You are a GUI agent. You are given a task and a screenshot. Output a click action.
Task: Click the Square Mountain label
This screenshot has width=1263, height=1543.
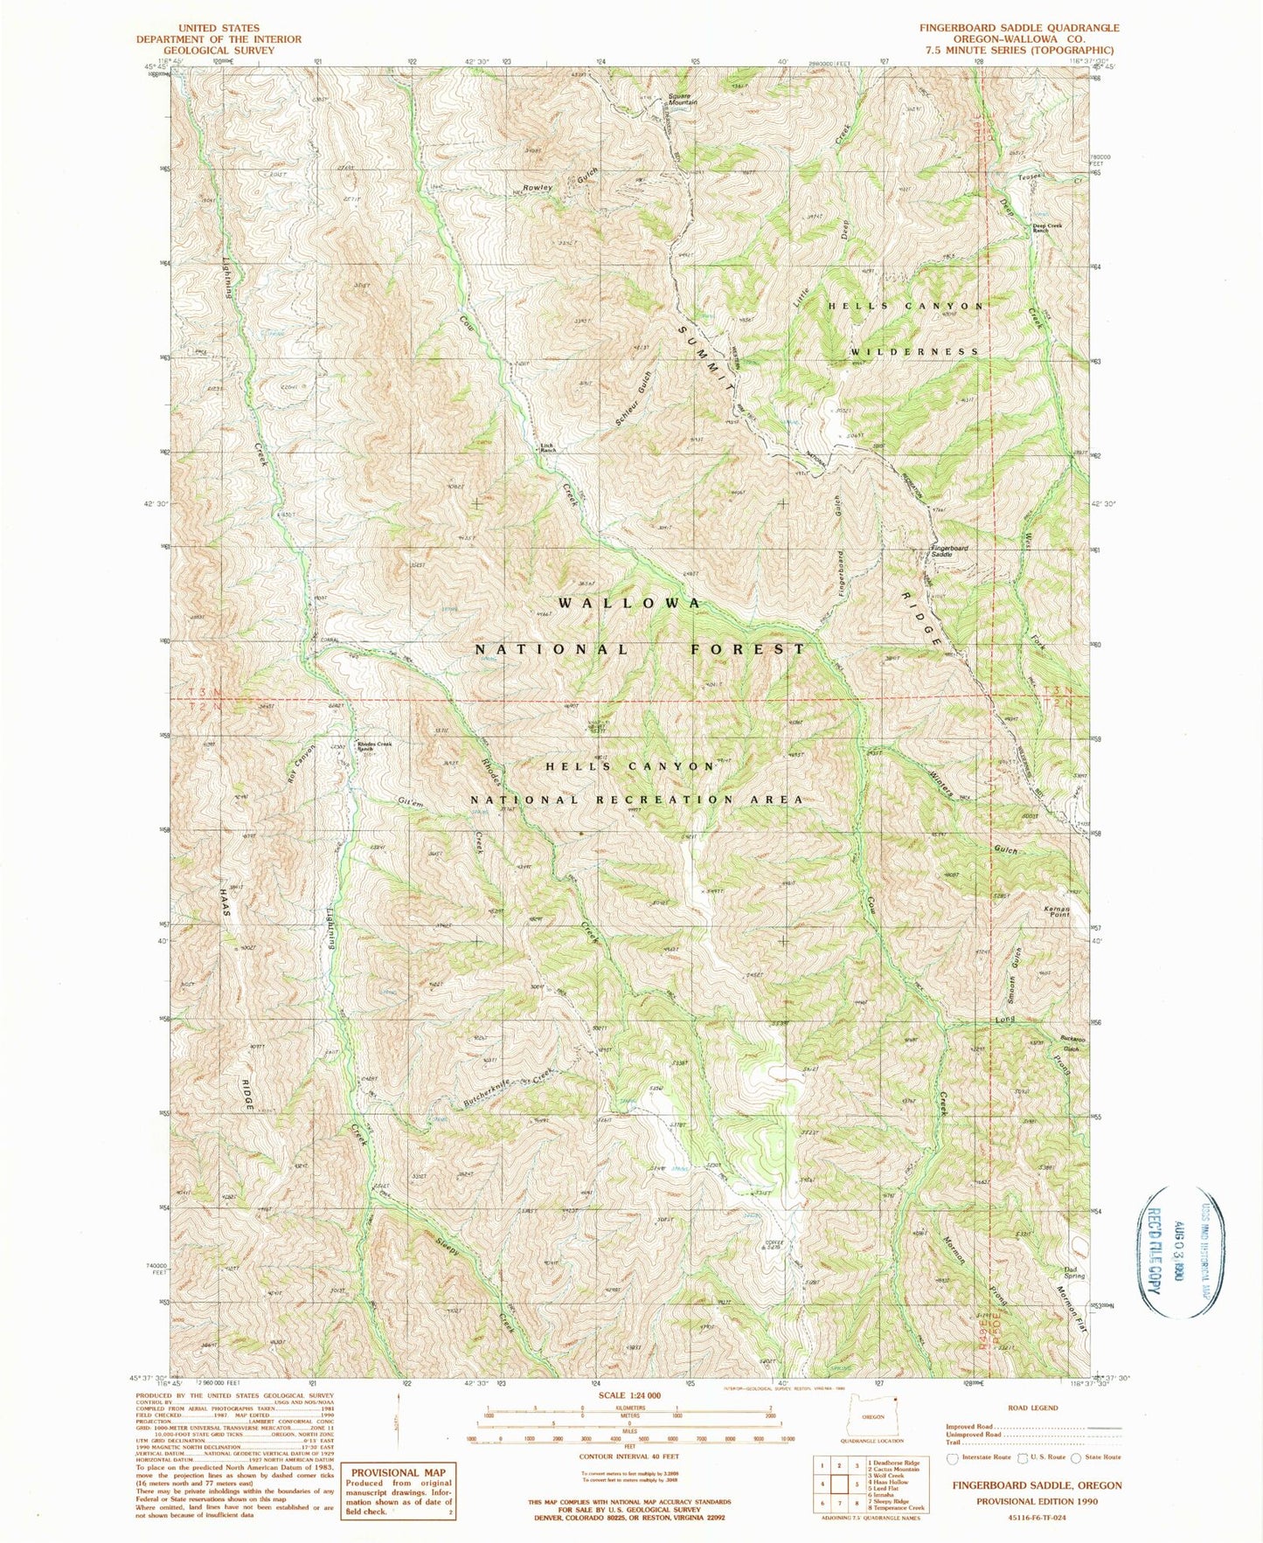682,99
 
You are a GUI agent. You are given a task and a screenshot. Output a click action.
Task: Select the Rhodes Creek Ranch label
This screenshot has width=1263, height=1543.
375,747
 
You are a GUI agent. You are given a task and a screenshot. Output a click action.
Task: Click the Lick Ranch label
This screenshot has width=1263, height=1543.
547,448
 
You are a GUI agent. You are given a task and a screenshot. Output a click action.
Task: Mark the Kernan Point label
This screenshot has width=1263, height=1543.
1057,912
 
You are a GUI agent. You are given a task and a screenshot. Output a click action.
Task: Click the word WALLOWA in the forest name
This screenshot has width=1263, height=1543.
629,604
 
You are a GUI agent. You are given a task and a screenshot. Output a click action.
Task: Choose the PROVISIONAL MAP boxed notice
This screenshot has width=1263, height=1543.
398,1491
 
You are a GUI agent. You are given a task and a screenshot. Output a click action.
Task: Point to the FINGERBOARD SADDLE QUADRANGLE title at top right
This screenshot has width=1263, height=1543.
1018,28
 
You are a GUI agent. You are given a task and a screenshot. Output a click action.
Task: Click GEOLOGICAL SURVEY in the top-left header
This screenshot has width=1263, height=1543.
218,51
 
